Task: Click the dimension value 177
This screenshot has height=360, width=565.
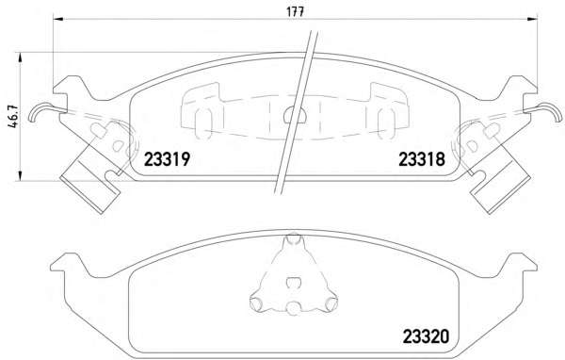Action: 295,12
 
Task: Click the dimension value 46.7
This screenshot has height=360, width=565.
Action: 13,117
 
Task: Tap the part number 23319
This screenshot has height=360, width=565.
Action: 167,159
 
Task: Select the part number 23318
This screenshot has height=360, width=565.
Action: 422,159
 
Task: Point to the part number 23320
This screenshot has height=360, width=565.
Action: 426,336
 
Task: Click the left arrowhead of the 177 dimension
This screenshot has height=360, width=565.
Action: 57,19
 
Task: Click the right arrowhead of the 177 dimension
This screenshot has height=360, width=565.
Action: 533,19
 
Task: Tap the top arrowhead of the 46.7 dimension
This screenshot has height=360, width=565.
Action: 20,57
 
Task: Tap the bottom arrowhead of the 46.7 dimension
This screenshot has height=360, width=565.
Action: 20,175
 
